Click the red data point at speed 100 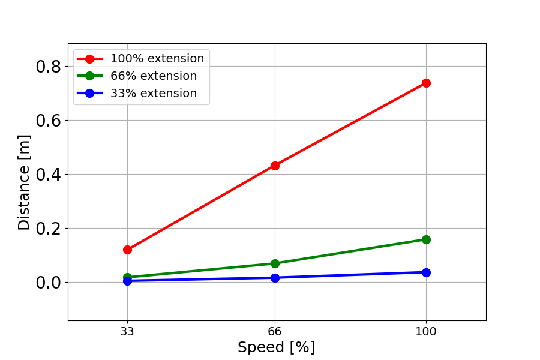tap(426, 83)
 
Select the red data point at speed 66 tap(275, 166)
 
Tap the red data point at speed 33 tap(127, 250)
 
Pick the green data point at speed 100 tap(426, 239)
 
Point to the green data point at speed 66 tap(275, 263)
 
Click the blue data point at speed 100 tap(426, 272)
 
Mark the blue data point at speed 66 tap(275, 278)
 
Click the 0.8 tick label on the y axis tap(49, 67)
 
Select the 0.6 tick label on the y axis tap(49, 121)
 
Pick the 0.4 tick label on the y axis tap(49, 175)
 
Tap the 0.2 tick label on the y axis tap(49, 229)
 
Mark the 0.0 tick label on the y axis tap(49, 283)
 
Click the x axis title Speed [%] tap(276, 347)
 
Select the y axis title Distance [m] tap(24, 182)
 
